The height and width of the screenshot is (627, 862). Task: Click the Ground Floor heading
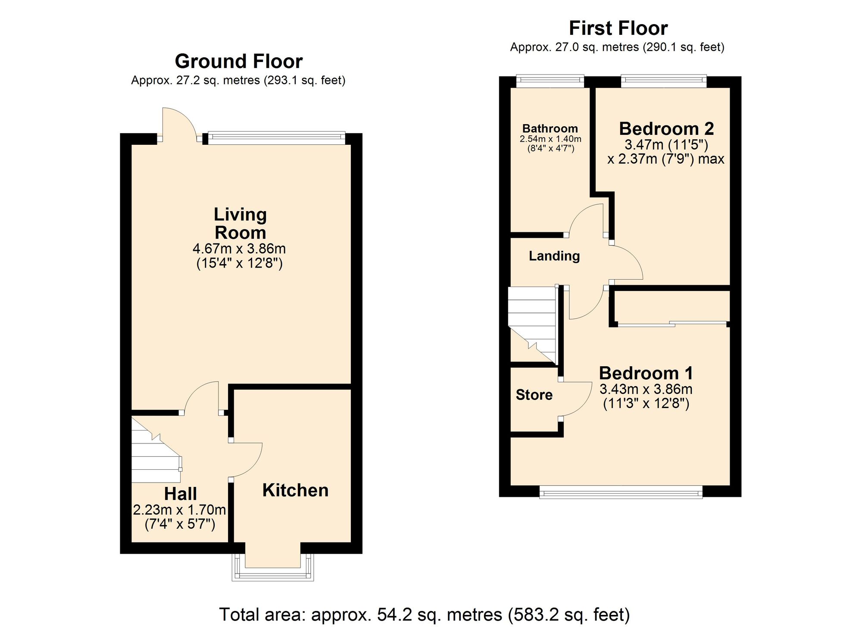(238, 61)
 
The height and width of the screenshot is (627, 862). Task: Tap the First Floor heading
(618, 28)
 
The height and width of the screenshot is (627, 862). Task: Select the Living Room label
(240, 223)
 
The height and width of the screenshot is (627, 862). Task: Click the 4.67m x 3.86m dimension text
(239, 249)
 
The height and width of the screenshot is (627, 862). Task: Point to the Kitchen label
(295, 490)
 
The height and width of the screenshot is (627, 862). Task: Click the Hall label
(180, 494)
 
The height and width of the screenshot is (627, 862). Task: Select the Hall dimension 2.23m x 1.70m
(179, 510)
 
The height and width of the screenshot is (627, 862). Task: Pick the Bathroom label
(550, 128)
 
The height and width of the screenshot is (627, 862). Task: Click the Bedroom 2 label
(666, 129)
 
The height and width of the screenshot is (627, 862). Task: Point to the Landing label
(554, 256)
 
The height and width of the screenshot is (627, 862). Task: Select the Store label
(534, 395)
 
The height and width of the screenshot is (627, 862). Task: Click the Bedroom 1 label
(646, 373)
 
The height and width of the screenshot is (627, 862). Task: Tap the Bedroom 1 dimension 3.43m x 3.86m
(646, 389)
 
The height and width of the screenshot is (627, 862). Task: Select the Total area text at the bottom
(425, 615)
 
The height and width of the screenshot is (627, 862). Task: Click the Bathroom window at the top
(550, 80)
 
